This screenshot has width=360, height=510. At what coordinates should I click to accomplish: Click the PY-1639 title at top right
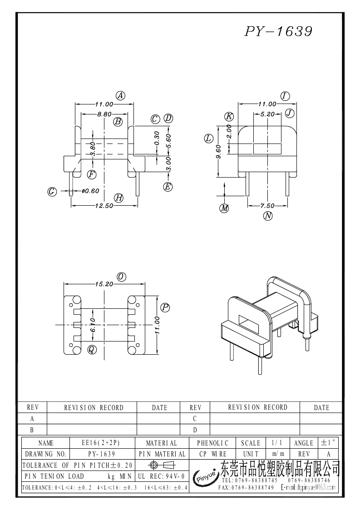(278, 31)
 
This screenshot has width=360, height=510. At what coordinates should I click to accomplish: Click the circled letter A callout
(120, 95)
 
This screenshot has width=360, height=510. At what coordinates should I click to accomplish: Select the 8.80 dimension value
(104, 114)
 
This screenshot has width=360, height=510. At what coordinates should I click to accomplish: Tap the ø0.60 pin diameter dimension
(90, 191)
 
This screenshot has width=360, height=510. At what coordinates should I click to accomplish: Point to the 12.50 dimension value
(104, 206)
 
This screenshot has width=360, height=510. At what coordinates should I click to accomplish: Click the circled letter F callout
(92, 174)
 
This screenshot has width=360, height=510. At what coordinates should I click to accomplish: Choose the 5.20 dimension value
(267, 114)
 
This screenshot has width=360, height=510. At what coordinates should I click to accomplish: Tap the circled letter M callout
(224, 208)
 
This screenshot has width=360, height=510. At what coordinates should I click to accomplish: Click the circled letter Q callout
(92, 350)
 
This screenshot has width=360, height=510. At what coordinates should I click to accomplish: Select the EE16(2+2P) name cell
(100, 443)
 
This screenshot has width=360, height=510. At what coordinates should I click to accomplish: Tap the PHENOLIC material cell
(213, 443)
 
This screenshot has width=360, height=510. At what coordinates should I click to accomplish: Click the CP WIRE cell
(213, 454)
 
